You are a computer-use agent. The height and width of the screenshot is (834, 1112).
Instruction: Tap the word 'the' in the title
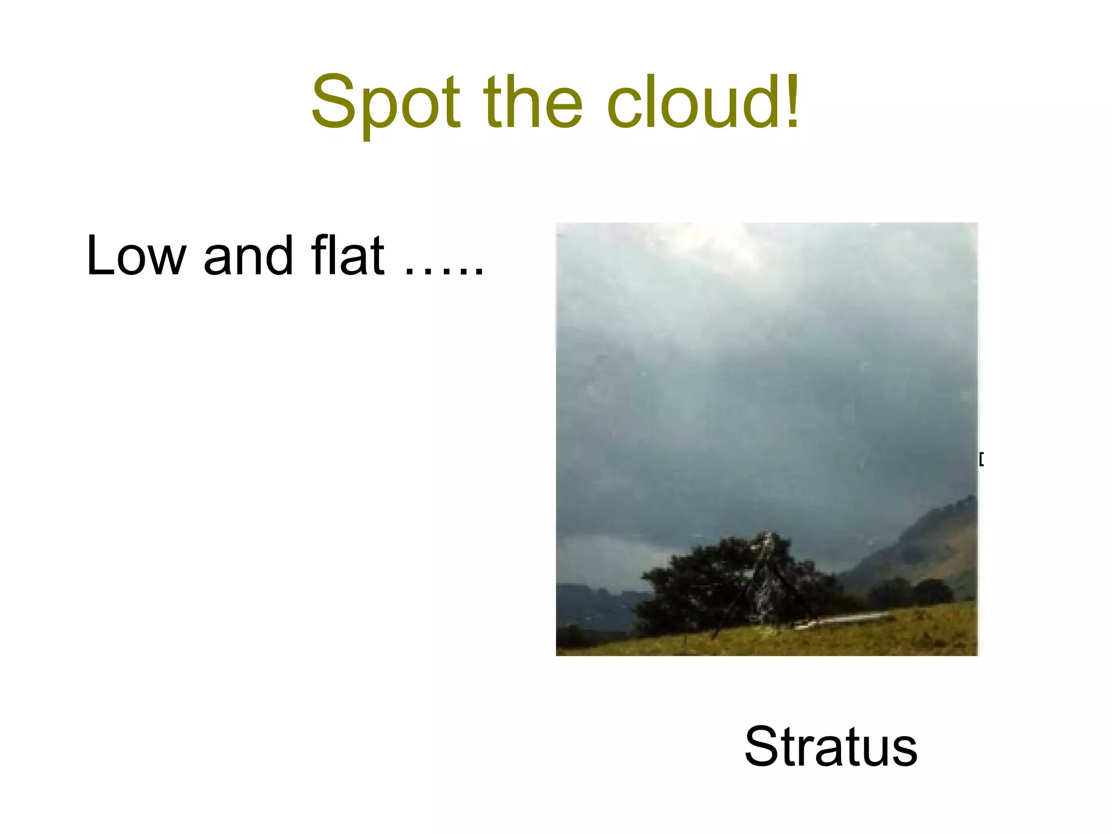click(533, 103)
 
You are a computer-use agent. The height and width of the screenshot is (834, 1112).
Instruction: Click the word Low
click(136, 255)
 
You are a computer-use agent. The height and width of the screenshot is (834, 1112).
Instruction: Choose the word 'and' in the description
click(248, 255)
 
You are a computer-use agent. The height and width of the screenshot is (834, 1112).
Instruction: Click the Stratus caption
click(831, 747)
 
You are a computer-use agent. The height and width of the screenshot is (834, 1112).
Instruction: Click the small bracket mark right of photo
click(981, 459)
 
